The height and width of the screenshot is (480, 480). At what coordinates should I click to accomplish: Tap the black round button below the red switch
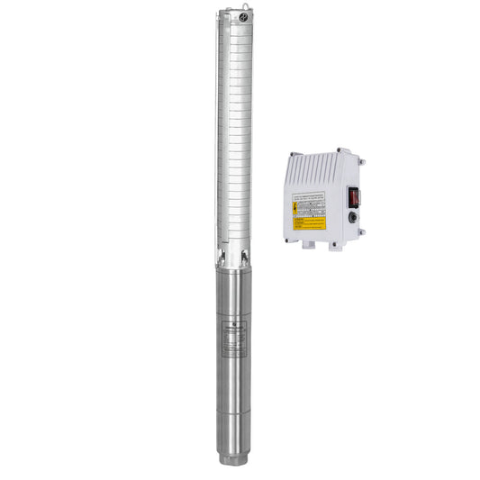pos(354,216)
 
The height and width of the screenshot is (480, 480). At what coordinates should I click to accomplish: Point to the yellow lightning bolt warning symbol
pos(296,206)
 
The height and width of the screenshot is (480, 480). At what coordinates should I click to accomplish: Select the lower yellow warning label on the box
pos(309,222)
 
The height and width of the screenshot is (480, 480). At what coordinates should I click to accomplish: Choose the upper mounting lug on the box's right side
pos(363,163)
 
